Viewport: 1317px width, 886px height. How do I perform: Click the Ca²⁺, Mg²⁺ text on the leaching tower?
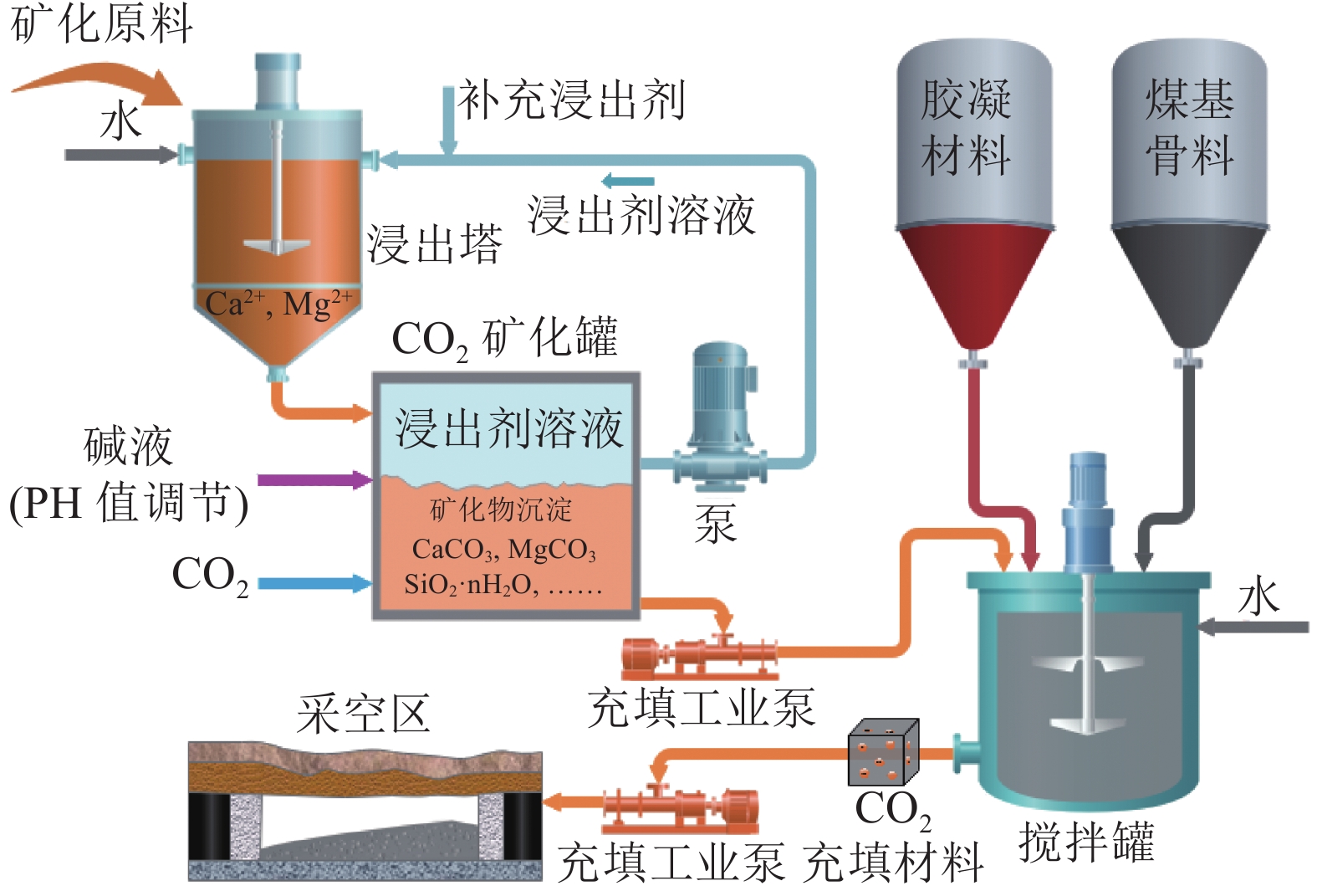[x=278, y=304]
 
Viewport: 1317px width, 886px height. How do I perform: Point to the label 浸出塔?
[x=435, y=244]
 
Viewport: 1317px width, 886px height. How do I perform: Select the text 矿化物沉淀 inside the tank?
[x=501, y=510]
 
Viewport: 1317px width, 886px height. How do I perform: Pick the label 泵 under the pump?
[x=716, y=525]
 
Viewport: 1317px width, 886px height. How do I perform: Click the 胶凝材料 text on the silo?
[x=966, y=127]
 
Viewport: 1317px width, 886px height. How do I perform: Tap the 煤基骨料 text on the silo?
[x=1189, y=127]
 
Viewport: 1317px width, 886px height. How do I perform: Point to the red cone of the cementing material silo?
[x=972, y=280]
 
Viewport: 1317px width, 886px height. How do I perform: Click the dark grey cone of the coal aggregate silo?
[x=1189, y=280]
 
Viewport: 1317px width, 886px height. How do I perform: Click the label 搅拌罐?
[x=1086, y=841]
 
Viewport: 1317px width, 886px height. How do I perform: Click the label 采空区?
[x=363, y=714]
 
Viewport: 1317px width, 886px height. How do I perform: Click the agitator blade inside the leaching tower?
[x=277, y=245]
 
